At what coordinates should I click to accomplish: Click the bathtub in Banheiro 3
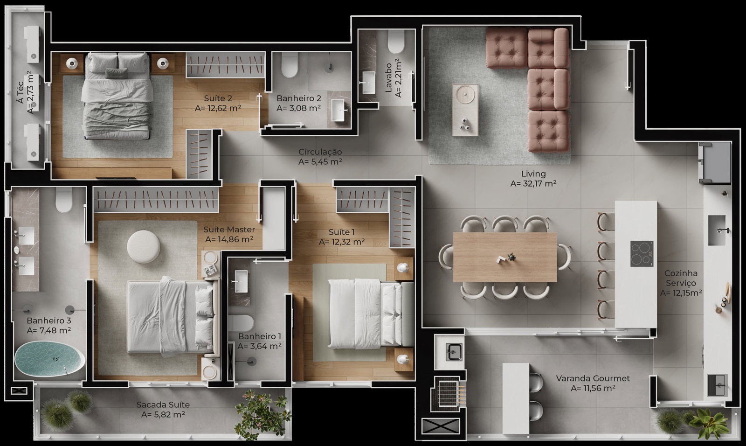pos(50,359)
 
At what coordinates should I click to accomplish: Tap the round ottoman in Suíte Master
pos(144,247)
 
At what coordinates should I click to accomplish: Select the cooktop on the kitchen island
pos(642,254)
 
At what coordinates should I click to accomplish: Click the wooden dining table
pos(505,257)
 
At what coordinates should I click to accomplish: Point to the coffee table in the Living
pos(465,110)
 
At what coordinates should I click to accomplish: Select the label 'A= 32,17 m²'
pos(533,184)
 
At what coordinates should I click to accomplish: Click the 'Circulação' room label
pos(320,152)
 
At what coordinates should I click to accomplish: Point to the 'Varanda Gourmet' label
pos(593,378)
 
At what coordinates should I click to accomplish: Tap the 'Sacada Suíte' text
pos(163,404)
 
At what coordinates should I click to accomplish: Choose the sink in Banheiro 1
pos(241,281)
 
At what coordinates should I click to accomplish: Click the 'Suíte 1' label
pos(341,232)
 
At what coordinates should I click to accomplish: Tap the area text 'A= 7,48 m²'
pos(48,330)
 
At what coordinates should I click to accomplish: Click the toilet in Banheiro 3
pos(64,200)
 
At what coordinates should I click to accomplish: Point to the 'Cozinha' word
pos(681,273)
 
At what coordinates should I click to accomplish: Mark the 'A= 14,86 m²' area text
pos(229,239)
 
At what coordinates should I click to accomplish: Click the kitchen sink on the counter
pos(717,230)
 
